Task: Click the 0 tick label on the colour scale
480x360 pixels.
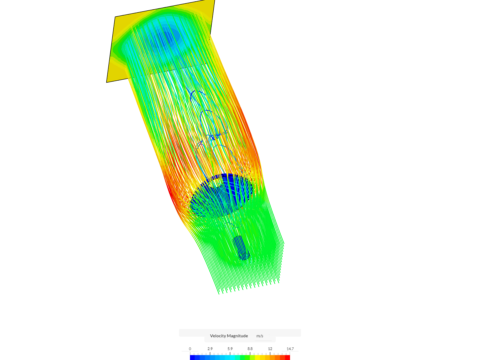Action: coord(190,349)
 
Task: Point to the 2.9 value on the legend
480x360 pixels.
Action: coord(210,349)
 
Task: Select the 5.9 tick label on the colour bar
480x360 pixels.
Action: coord(230,349)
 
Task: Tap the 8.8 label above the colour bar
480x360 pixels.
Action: coord(250,349)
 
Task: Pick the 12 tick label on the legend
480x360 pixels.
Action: coord(270,349)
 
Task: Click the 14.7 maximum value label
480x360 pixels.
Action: coord(290,349)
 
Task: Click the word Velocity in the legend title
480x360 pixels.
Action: coord(219,336)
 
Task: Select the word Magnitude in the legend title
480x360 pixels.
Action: coord(238,336)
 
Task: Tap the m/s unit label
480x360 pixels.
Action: coord(260,336)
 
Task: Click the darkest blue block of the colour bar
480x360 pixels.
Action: coord(192,357)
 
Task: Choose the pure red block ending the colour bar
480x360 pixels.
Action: coord(287,357)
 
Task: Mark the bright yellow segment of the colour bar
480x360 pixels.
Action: coord(257,357)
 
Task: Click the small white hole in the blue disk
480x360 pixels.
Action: coord(216,182)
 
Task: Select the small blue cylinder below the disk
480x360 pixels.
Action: coord(241,248)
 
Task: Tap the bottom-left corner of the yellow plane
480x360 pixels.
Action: coord(107,82)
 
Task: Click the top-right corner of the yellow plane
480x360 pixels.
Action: coord(214,1)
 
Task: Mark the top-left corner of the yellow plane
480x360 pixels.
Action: coord(115,17)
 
